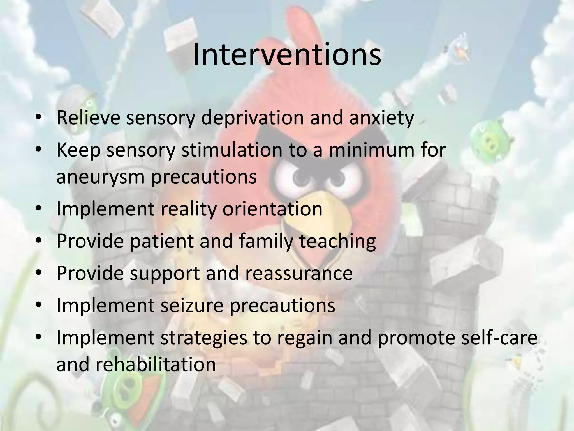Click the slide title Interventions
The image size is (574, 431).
tap(287, 54)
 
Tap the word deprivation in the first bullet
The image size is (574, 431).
tap(252, 118)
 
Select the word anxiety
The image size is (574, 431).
tap(381, 118)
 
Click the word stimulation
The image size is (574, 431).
tap(232, 150)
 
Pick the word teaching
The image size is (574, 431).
tap(337, 241)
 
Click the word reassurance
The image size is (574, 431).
tap(299, 273)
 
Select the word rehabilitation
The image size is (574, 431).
tap(156, 364)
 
